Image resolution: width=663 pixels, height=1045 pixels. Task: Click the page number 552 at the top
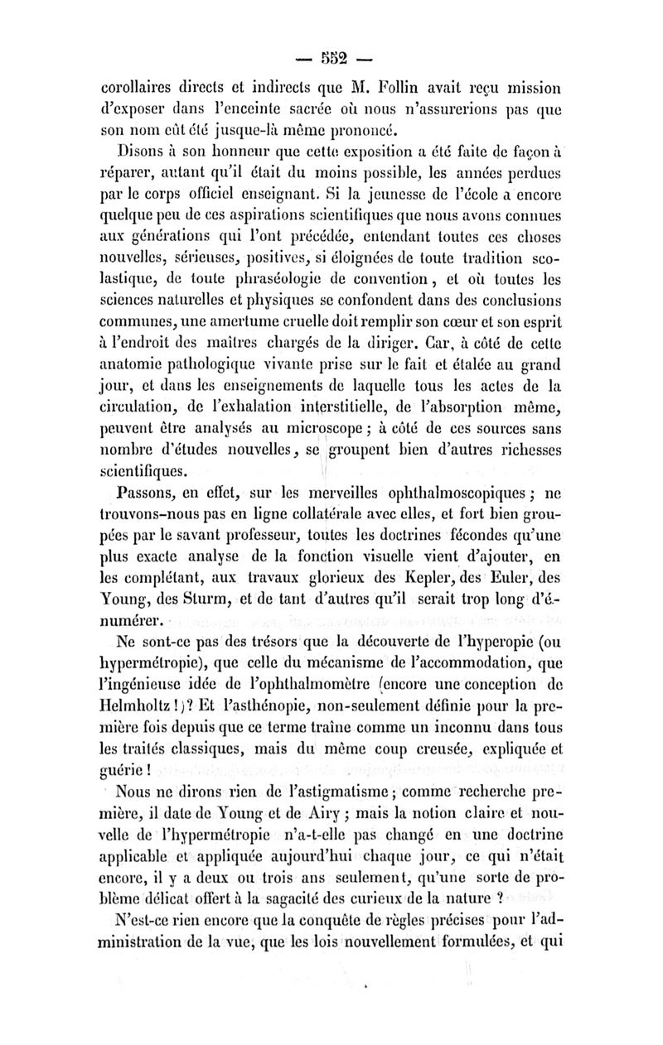pos(331,58)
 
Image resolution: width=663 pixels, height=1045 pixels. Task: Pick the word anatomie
pos(133,384)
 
